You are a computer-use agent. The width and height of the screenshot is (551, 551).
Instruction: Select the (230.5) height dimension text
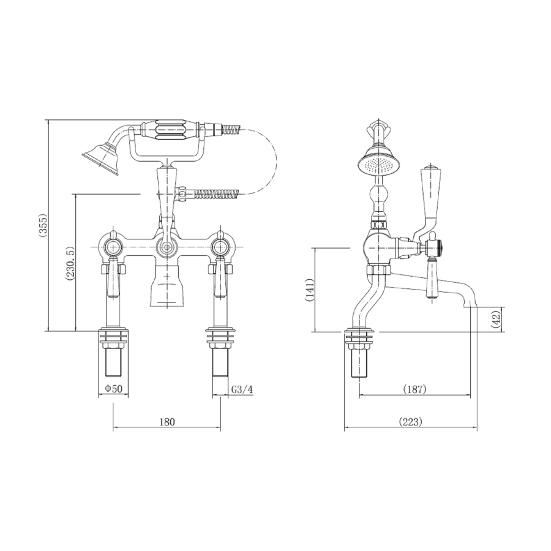[x=70, y=263]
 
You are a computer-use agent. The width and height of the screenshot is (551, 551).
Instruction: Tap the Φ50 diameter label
[x=114, y=388]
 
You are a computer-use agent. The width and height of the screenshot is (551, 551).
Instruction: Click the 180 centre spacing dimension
[x=167, y=421]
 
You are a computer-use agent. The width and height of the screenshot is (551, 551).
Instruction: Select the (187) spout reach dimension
[x=414, y=388]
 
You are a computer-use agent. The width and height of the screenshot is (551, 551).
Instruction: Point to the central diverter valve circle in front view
[x=165, y=248]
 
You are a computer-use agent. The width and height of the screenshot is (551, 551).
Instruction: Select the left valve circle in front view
[x=113, y=248]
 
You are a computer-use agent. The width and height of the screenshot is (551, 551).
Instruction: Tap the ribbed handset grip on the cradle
[x=174, y=130]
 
